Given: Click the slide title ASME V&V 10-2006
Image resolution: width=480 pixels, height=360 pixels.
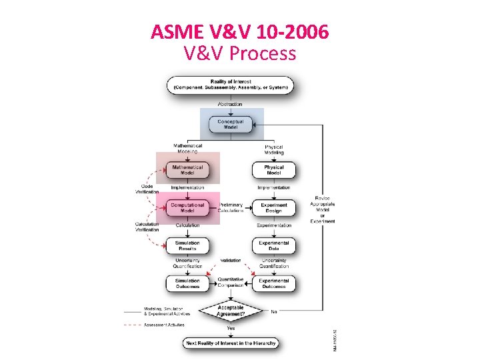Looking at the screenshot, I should click(x=239, y=31).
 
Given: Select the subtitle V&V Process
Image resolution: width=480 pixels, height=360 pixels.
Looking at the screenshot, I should click(x=239, y=53).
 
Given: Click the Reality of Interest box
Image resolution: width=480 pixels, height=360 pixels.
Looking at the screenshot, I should click(x=231, y=85).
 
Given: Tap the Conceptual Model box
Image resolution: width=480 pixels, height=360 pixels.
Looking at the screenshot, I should click(x=231, y=124).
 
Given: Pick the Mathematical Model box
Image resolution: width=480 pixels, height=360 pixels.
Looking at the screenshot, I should click(x=188, y=169).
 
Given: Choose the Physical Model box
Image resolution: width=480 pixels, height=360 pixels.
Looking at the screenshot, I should click(x=273, y=169).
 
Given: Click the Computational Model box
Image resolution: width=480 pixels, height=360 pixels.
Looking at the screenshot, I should click(x=188, y=207).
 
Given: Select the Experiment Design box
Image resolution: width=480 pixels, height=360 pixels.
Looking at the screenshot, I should click(x=273, y=207).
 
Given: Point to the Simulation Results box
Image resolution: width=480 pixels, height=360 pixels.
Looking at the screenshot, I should click(x=188, y=245).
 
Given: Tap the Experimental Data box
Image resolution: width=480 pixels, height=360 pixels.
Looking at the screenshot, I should click(x=273, y=245).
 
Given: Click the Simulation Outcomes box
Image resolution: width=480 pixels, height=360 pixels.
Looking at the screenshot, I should click(x=188, y=283).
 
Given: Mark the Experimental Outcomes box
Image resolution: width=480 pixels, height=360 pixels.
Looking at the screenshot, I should click(x=273, y=283).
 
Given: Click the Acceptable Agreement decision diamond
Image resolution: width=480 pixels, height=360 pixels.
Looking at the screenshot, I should click(x=231, y=311).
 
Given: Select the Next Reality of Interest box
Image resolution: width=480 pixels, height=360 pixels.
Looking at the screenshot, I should click(x=231, y=343).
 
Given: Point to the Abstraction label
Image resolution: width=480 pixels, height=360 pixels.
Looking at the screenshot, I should click(x=231, y=104).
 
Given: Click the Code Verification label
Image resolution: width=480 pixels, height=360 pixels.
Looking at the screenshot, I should click(x=147, y=189).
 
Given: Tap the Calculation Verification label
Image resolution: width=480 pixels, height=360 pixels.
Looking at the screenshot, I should click(x=147, y=227).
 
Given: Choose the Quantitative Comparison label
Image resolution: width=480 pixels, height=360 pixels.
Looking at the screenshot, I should click(x=231, y=282).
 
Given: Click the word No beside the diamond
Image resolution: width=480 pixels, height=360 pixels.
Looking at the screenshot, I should click(x=274, y=311).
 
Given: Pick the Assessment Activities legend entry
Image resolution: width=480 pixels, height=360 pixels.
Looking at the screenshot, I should click(x=165, y=325).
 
